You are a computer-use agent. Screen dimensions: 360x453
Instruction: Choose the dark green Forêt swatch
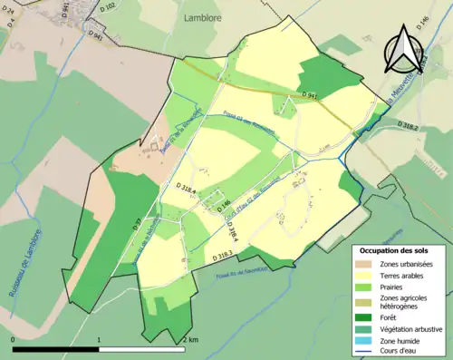tap(365, 317)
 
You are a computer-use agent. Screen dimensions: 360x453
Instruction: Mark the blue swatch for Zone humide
tap(365, 343)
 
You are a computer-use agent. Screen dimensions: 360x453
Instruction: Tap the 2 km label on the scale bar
tap(192, 340)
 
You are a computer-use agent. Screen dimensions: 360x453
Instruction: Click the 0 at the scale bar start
tap(14, 340)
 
